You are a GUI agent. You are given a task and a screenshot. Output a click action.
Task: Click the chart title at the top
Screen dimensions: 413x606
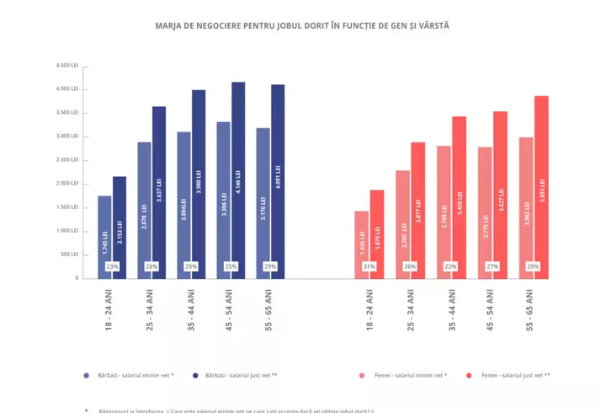[x=302, y=25]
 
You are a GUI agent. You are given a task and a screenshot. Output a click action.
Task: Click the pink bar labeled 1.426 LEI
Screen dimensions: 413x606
[x=361, y=244]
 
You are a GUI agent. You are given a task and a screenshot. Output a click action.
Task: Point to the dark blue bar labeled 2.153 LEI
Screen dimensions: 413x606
[x=120, y=227]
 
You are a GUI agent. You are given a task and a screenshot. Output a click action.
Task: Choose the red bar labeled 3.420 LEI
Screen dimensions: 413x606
[x=459, y=197]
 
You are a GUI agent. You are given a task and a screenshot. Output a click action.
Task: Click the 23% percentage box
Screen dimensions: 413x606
[x=112, y=266]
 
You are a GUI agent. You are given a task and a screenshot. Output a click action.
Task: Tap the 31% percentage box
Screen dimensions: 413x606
[x=369, y=266]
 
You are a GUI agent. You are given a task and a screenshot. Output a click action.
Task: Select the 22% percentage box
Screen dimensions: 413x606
[x=451, y=266]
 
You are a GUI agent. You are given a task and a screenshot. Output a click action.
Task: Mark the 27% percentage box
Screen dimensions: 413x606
[x=492, y=266]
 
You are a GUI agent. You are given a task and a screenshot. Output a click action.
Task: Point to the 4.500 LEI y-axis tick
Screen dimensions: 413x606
[x=67, y=65]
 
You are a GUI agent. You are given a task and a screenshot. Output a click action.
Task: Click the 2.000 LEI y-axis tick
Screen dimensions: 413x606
[x=67, y=183]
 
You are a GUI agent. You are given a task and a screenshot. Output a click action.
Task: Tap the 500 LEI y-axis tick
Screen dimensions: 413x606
[x=69, y=254]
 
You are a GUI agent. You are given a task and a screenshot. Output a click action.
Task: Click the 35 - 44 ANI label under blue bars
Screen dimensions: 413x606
[x=192, y=309]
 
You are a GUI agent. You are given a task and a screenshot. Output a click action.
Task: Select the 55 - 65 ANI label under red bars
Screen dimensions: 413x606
[x=534, y=309]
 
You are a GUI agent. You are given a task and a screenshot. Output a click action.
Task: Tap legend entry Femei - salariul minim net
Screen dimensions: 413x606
[x=407, y=374]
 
